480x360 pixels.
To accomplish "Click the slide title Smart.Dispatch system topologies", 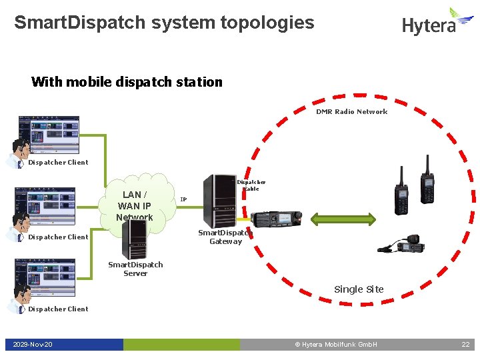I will click(x=164, y=23).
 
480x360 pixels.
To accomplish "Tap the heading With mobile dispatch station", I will click(x=127, y=82).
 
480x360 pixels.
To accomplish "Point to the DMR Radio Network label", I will click(x=351, y=111).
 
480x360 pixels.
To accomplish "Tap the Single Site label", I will click(x=359, y=289).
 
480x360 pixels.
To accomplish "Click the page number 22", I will click(x=465, y=344).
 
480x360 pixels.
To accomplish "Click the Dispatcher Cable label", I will click(x=251, y=185).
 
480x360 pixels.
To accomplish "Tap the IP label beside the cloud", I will click(x=183, y=199).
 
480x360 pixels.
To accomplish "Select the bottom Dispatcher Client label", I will click(x=58, y=309).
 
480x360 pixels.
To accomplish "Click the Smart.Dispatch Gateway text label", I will click(x=225, y=237).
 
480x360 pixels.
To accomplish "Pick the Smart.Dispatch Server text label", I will click(x=135, y=269).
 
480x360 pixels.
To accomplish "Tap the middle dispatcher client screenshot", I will click(x=49, y=207).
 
